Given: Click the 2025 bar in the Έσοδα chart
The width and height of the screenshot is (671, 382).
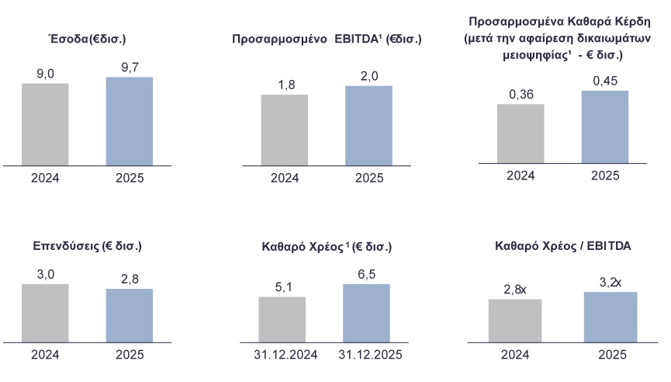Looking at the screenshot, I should tap(129, 121).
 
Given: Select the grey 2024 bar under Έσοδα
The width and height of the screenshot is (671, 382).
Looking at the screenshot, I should tap(45, 124).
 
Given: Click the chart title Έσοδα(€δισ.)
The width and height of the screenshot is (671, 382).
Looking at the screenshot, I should tap(87, 37).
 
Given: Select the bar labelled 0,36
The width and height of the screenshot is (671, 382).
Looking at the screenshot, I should tap(521, 133).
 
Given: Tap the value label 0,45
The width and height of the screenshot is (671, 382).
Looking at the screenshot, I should tap(604, 81).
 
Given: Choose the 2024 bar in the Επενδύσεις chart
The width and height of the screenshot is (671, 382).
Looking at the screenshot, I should tap(45, 312).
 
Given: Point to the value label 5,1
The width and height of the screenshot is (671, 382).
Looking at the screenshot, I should tap(282, 287).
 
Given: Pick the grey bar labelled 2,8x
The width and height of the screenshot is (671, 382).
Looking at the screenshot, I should tap(514, 319).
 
